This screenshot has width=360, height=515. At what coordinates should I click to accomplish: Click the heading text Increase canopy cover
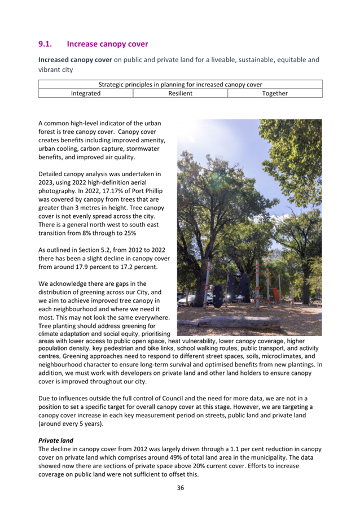(107, 43)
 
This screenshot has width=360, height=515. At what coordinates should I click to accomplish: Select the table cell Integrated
(85, 93)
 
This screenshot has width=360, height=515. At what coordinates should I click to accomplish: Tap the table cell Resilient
(180, 93)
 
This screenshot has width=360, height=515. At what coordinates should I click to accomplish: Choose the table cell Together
(275, 93)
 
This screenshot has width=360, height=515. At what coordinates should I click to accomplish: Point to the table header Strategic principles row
(180, 85)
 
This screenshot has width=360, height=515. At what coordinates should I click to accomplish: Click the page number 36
(180, 488)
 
